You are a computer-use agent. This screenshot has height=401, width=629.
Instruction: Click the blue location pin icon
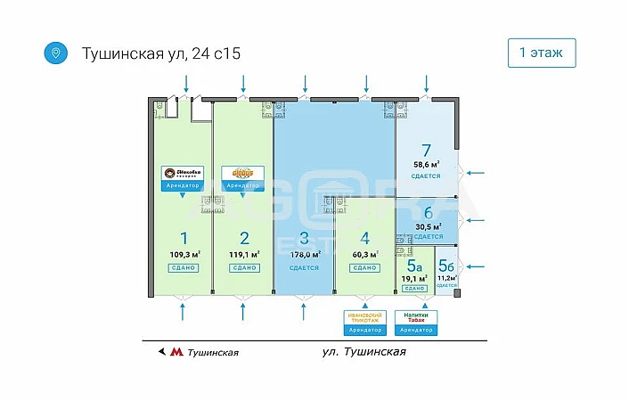tap(55, 53)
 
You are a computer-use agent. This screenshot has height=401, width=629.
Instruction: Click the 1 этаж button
tap(541, 53)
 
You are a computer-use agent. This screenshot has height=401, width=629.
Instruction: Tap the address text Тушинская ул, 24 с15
tap(161, 53)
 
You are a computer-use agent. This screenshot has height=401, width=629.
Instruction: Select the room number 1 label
tap(184, 238)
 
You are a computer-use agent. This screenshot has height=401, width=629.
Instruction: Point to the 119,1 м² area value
tap(244, 254)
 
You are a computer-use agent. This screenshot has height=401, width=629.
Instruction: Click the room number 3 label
tap(304, 238)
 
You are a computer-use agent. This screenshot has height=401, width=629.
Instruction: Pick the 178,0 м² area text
tap(304, 254)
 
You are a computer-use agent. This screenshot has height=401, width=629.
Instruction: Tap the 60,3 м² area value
tap(364, 254)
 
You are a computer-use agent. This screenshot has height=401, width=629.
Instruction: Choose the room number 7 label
tap(426, 150)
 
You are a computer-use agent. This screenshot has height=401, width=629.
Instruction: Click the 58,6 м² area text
tap(426, 165)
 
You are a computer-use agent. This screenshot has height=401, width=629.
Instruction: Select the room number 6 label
tap(428, 213)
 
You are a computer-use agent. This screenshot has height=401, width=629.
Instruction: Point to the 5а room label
tap(413, 265)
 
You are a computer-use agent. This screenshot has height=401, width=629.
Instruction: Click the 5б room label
tap(446, 265)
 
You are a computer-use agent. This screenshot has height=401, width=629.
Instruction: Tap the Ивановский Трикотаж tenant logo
tap(364, 317)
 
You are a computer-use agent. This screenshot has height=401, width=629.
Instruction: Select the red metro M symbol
tap(176, 352)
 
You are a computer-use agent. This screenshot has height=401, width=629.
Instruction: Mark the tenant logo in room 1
tap(184, 173)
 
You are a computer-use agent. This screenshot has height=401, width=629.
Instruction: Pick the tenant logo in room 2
tap(243, 172)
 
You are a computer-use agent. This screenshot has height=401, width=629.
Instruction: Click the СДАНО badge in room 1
tap(184, 267)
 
